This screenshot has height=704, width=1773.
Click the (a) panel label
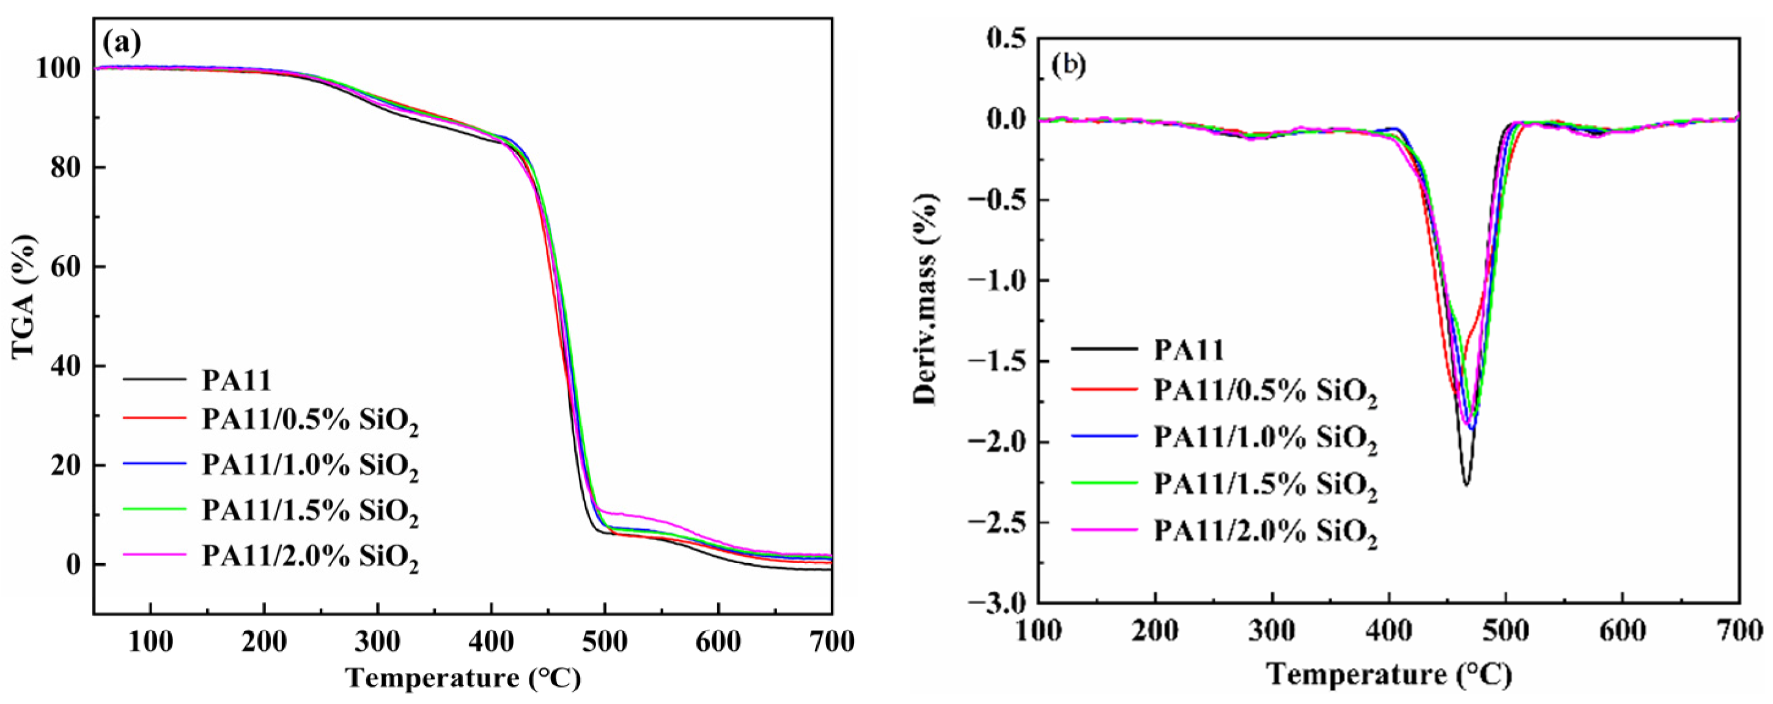coord(122,43)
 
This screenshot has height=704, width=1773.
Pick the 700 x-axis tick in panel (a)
coord(831,642)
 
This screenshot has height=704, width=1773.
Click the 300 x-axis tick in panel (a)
coord(377,642)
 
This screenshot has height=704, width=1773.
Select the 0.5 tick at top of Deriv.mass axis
coord(1005,39)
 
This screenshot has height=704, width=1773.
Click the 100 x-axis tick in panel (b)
coord(1039,631)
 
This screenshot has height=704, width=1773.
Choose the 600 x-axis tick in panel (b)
coord(1623,631)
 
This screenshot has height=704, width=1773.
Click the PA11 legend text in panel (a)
coord(236,380)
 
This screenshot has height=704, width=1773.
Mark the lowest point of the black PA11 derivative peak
coord(1466,485)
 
